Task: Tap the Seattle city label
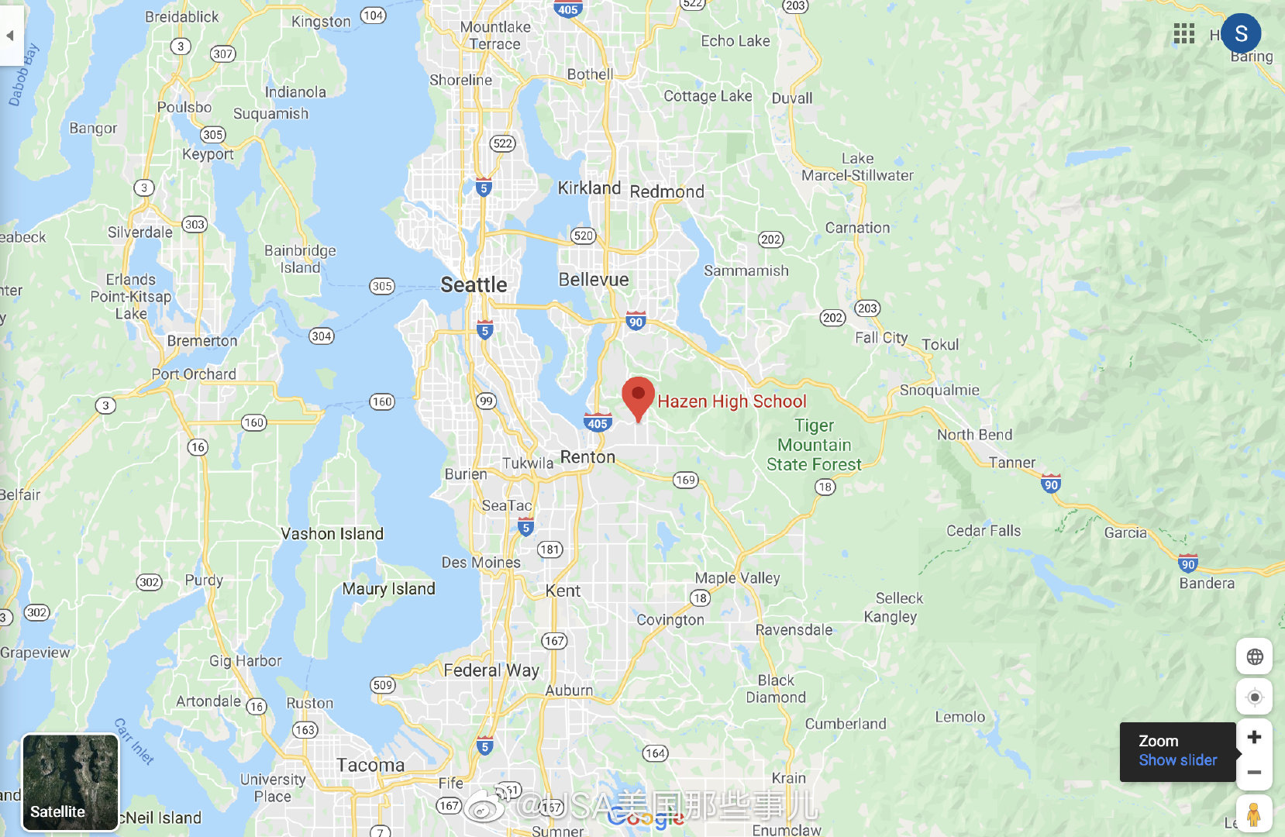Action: tap(474, 284)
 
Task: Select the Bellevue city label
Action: tap(594, 279)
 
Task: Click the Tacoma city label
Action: tap(370, 765)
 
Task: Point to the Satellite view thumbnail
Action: tap(71, 782)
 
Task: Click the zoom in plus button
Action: tap(1254, 737)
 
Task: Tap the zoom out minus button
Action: tap(1254, 773)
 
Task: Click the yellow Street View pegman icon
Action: tap(1253, 815)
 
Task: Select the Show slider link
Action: tap(1177, 760)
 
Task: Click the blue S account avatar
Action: tap(1241, 33)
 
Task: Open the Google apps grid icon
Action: tap(1183, 33)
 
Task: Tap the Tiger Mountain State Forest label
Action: tap(814, 445)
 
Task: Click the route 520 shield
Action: tap(583, 236)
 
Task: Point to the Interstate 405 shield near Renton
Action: tap(598, 423)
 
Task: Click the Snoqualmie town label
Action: tap(939, 390)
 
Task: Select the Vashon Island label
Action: tap(332, 533)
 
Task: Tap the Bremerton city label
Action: tap(202, 340)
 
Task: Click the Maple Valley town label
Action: tap(737, 577)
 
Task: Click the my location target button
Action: tap(1254, 697)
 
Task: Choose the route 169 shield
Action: tap(685, 480)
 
